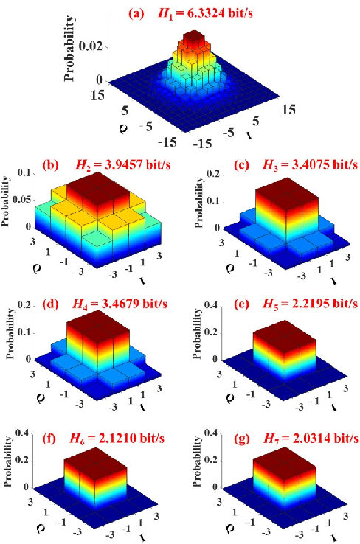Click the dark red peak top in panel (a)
tap(194, 38)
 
